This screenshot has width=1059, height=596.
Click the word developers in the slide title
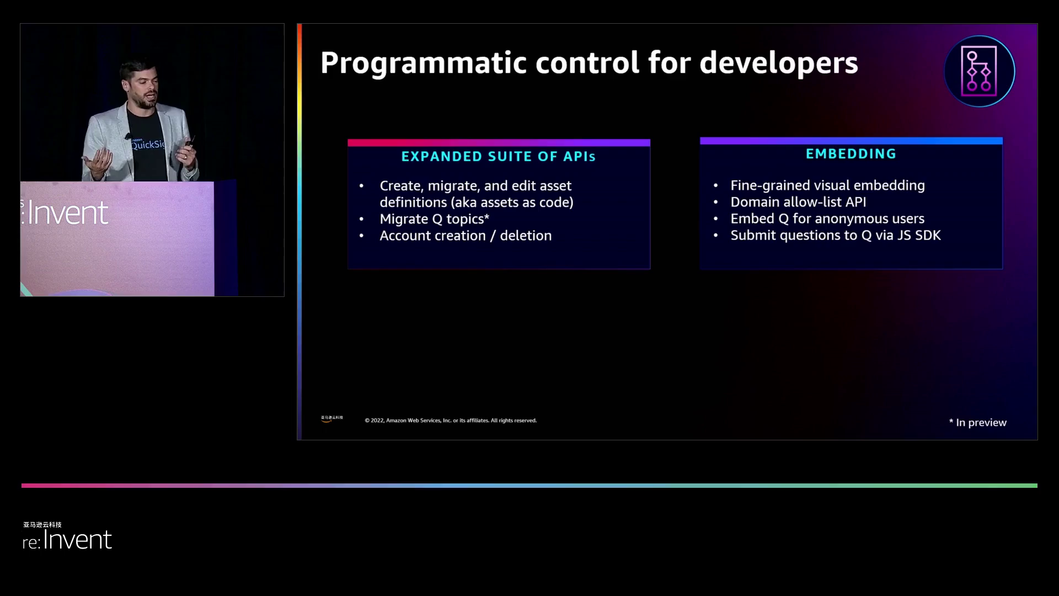(779, 63)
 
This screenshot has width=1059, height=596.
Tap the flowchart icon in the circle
(979, 71)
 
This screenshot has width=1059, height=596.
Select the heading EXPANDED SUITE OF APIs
(499, 157)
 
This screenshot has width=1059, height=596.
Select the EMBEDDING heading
(851, 154)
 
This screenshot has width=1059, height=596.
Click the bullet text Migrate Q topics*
(435, 219)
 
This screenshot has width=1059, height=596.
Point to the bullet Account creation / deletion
(466, 236)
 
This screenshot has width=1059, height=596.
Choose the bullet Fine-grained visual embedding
(827, 185)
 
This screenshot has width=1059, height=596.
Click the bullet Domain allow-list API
(798, 202)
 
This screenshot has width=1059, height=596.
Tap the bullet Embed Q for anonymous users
(827, 219)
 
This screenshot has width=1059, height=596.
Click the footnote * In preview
(978, 423)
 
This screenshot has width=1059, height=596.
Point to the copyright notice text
(451, 421)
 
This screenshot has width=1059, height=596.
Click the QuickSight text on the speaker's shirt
(148, 145)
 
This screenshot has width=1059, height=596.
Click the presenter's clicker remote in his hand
(189, 142)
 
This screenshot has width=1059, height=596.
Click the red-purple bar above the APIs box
(499, 142)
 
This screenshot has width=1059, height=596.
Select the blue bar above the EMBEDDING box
(851, 141)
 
